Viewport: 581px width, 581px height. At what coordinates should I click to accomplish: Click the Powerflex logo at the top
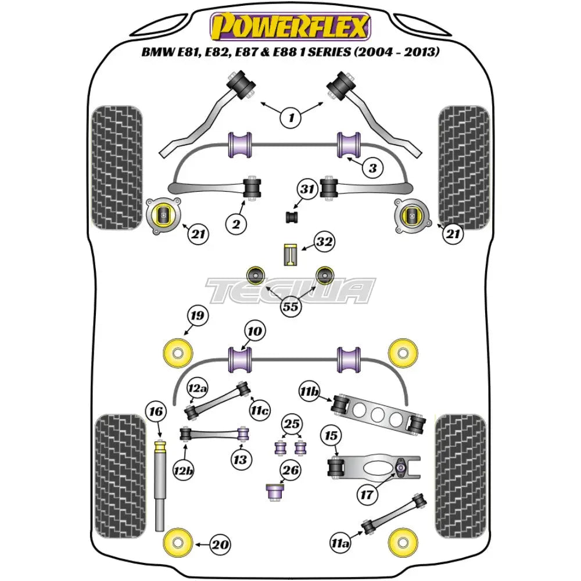pos(290,27)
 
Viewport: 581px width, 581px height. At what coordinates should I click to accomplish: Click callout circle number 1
pos(290,119)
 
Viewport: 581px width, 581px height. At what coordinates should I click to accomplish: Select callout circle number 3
pos(372,168)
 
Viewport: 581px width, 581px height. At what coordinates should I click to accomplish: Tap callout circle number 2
pos(237,223)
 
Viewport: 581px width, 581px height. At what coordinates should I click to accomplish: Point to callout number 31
pos(307,189)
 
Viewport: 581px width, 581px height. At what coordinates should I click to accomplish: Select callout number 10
pos(254,332)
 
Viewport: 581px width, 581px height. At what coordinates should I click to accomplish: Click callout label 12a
pos(198,388)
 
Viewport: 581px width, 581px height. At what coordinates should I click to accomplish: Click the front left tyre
pos(117,167)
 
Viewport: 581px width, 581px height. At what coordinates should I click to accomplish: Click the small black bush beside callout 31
pos(292,217)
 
